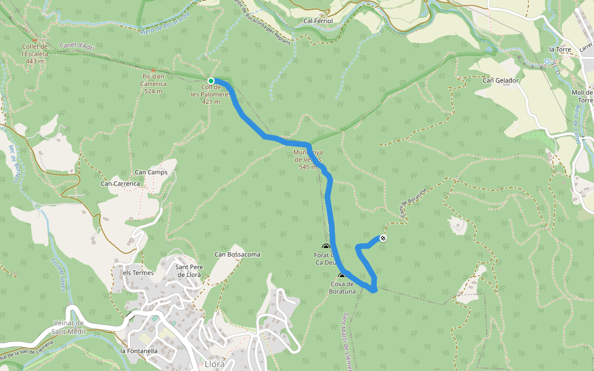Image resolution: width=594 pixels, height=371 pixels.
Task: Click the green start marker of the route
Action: [x=211, y=81]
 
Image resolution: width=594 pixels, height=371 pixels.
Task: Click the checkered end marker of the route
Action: [x=383, y=238]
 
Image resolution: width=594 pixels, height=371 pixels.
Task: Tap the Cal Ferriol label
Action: [x=318, y=21]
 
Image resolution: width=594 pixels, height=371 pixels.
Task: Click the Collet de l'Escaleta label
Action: [x=35, y=54]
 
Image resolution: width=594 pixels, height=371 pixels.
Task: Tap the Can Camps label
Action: [x=151, y=172]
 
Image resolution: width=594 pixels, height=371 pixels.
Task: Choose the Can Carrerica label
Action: [x=121, y=184]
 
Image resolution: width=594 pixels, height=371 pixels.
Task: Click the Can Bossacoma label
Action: [x=237, y=254]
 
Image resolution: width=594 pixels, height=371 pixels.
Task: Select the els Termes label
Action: [x=137, y=273]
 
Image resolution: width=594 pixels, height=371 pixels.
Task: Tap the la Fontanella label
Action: [x=139, y=351]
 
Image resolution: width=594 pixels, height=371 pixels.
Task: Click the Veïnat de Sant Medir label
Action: [x=68, y=328]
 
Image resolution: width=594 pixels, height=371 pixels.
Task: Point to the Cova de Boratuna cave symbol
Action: [x=342, y=277]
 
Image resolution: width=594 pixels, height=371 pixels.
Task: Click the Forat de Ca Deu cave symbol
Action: [x=326, y=247]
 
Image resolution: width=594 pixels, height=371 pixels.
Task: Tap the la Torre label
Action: [x=559, y=49]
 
